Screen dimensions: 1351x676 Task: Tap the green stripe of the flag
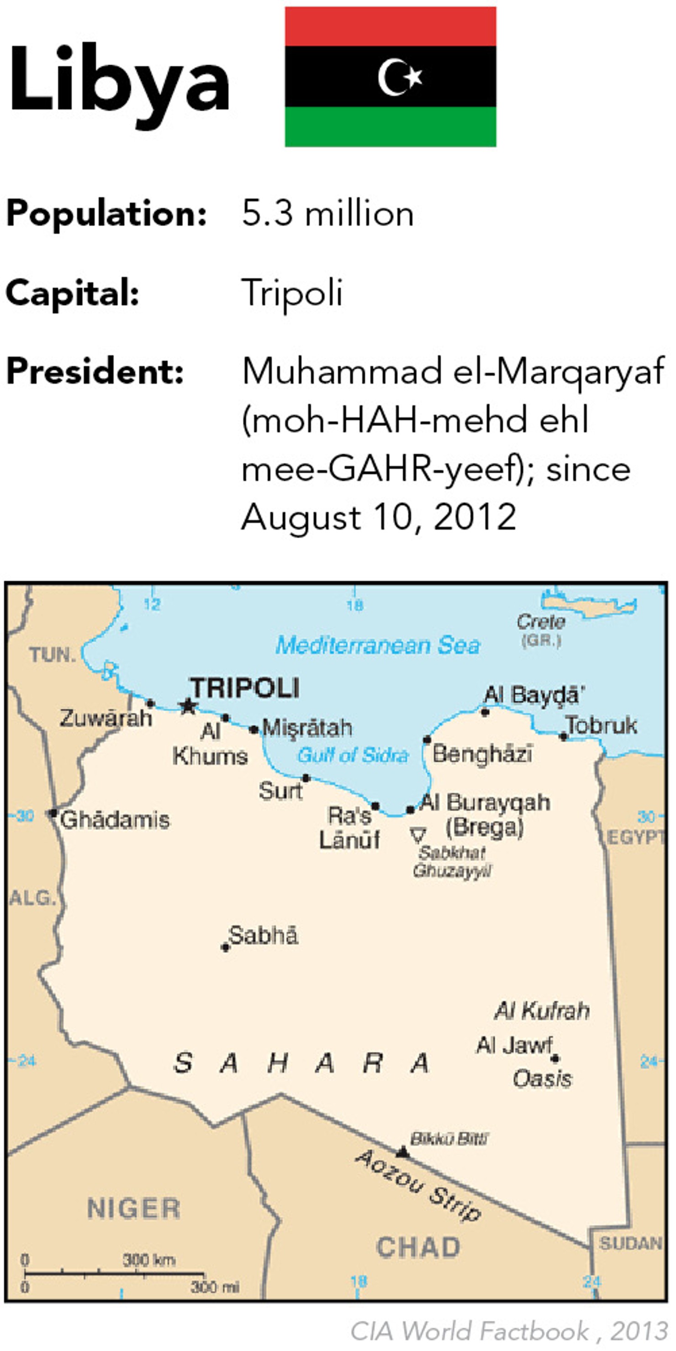[x=391, y=126]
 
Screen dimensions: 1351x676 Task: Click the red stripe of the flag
[x=391, y=26]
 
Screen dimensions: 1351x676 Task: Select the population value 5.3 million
[x=327, y=214]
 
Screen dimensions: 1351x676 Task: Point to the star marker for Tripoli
[x=188, y=706]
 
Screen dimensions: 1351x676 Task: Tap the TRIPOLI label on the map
[x=245, y=687]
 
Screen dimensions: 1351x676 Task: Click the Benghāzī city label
[x=482, y=754]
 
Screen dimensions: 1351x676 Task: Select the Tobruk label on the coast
[x=602, y=726]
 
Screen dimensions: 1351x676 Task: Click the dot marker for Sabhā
[x=225, y=947]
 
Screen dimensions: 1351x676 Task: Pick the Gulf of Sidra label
[x=353, y=755]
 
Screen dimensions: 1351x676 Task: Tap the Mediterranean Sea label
[x=377, y=645]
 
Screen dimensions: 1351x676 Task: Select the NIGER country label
[x=134, y=1209]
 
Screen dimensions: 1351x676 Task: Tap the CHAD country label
[x=418, y=1247]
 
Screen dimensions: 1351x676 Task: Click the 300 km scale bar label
[x=149, y=1260]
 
